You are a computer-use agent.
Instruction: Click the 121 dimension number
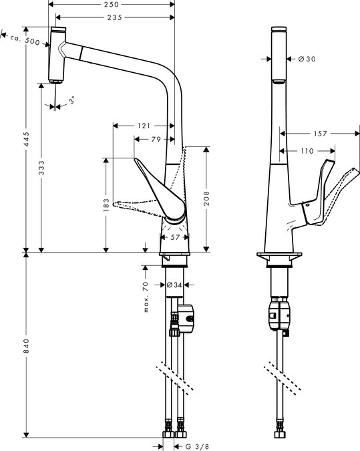click(144, 125)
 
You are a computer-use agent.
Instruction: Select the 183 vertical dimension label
click(106, 206)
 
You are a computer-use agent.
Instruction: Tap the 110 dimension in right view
click(307, 151)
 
